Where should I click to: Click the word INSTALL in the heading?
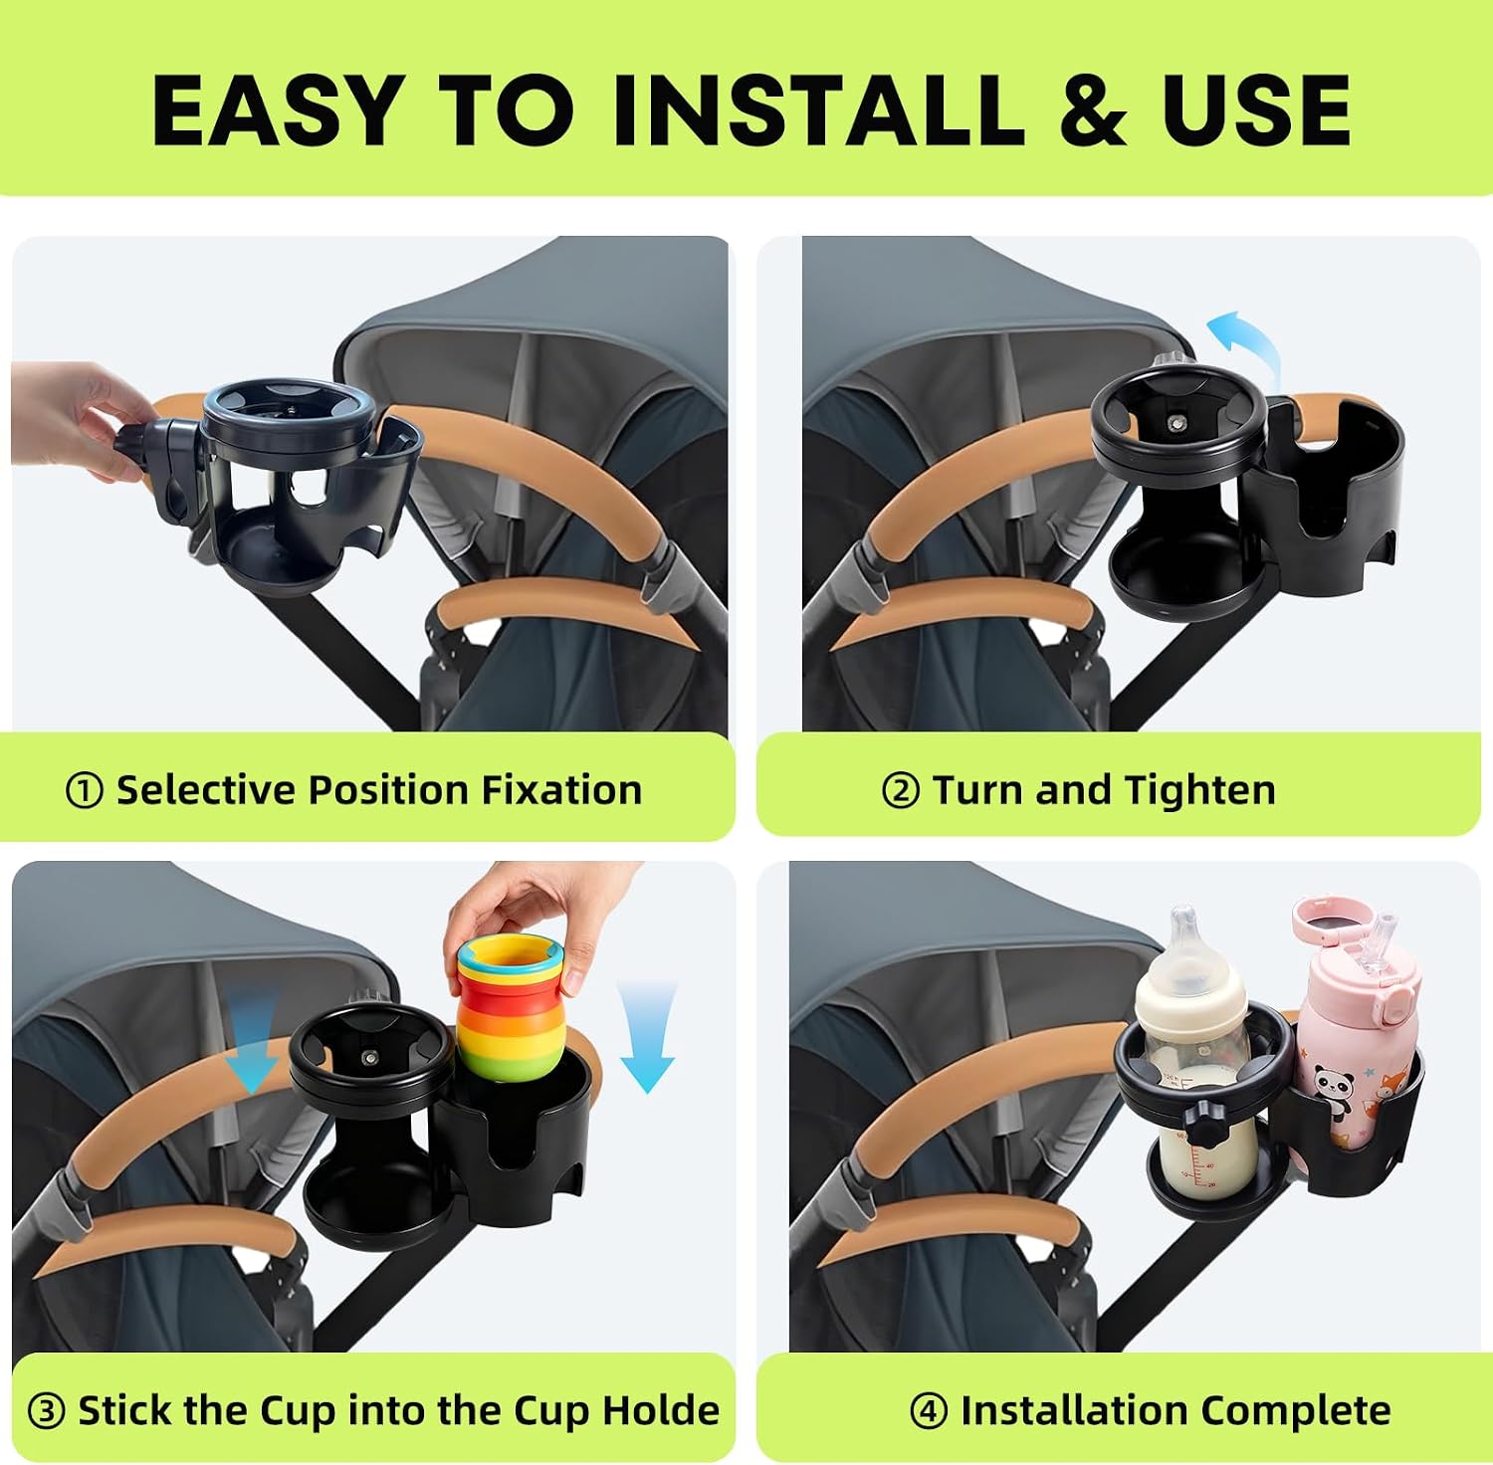[817, 109]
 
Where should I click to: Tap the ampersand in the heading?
[1093, 109]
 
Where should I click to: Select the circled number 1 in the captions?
[84, 791]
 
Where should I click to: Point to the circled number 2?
[900, 791]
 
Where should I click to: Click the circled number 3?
[46, 1411]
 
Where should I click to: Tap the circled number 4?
[928, 1411]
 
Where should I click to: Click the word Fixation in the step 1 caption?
[562, 790]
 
